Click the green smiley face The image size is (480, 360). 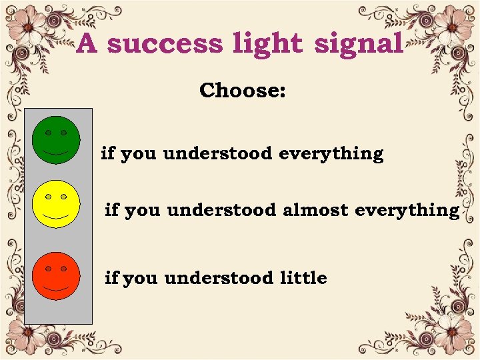point(56,140)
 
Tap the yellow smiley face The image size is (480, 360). point(56,203)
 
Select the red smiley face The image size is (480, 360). point(56,275)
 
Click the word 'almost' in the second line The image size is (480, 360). point(315,210)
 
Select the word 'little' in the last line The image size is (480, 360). point(303,277)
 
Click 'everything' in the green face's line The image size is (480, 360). point(331,154)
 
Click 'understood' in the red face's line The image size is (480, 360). point(218,277)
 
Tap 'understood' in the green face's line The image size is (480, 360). point(217,154)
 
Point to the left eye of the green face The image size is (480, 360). point(49,133)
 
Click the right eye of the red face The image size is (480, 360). point(64,268)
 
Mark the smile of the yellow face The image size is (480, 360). point(56,217)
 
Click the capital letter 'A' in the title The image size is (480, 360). point(88,44)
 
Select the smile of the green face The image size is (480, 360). point(56,153)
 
